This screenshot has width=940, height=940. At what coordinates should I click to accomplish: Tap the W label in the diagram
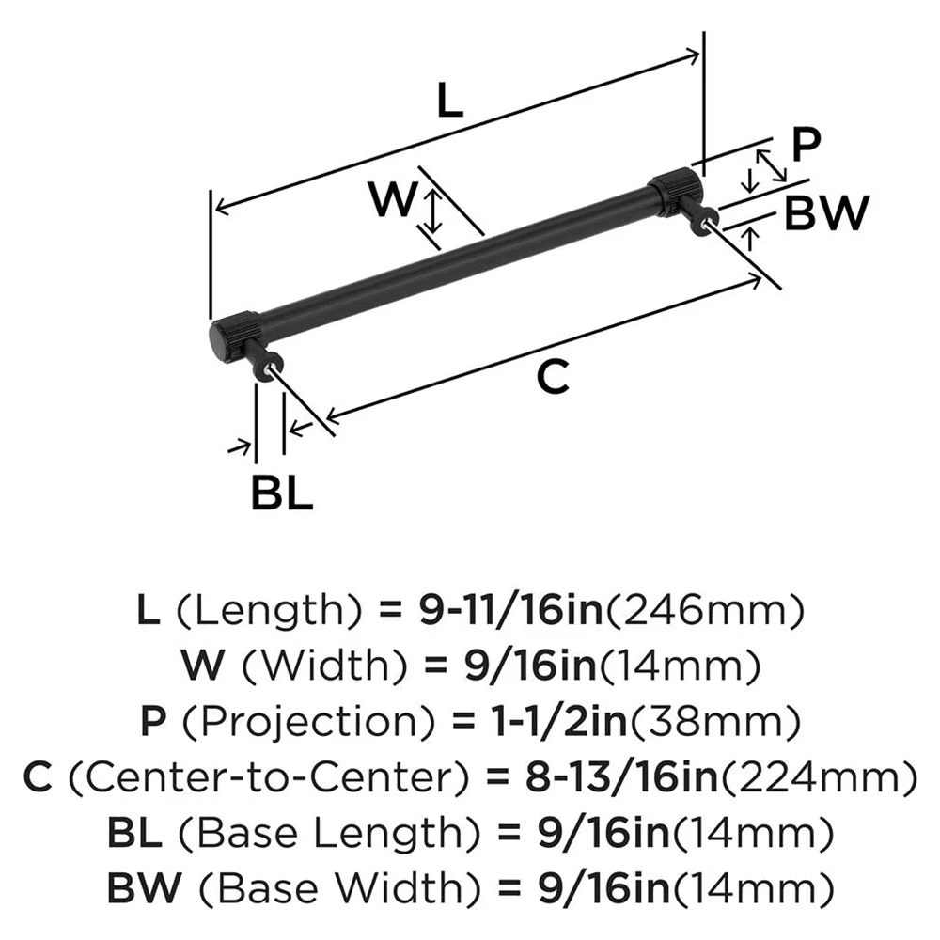(x=389, y=199)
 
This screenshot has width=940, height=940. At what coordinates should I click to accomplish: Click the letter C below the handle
(x=554, y=377)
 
